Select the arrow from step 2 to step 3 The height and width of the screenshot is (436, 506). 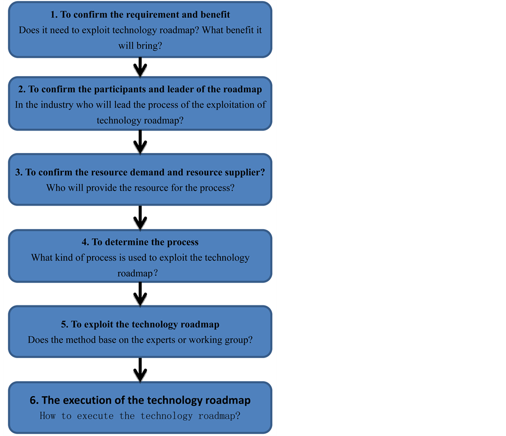140,141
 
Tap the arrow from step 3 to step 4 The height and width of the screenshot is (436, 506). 140,216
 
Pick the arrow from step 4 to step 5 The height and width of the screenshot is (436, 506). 140,292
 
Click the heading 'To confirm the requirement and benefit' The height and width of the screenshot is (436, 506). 146,15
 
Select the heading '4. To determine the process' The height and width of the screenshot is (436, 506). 140,242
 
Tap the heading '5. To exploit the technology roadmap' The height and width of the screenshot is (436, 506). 140,324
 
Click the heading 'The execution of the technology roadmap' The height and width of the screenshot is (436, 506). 146,400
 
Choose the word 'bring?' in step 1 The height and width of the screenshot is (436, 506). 149,45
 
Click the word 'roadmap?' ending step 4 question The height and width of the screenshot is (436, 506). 137,273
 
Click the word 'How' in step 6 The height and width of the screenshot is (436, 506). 48,416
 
